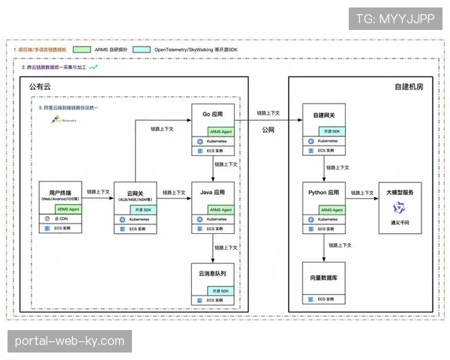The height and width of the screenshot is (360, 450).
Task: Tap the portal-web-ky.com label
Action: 69,341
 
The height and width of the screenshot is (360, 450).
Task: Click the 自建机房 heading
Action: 409,87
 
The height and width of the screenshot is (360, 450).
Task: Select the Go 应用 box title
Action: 213,115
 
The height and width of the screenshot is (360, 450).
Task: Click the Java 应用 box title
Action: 213,192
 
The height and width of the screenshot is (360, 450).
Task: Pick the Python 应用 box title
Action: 325,192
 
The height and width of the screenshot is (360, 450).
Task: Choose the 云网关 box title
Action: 136,193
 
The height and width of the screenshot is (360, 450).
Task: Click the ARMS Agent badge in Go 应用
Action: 220,130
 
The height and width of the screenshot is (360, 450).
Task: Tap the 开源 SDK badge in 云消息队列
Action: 220,290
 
